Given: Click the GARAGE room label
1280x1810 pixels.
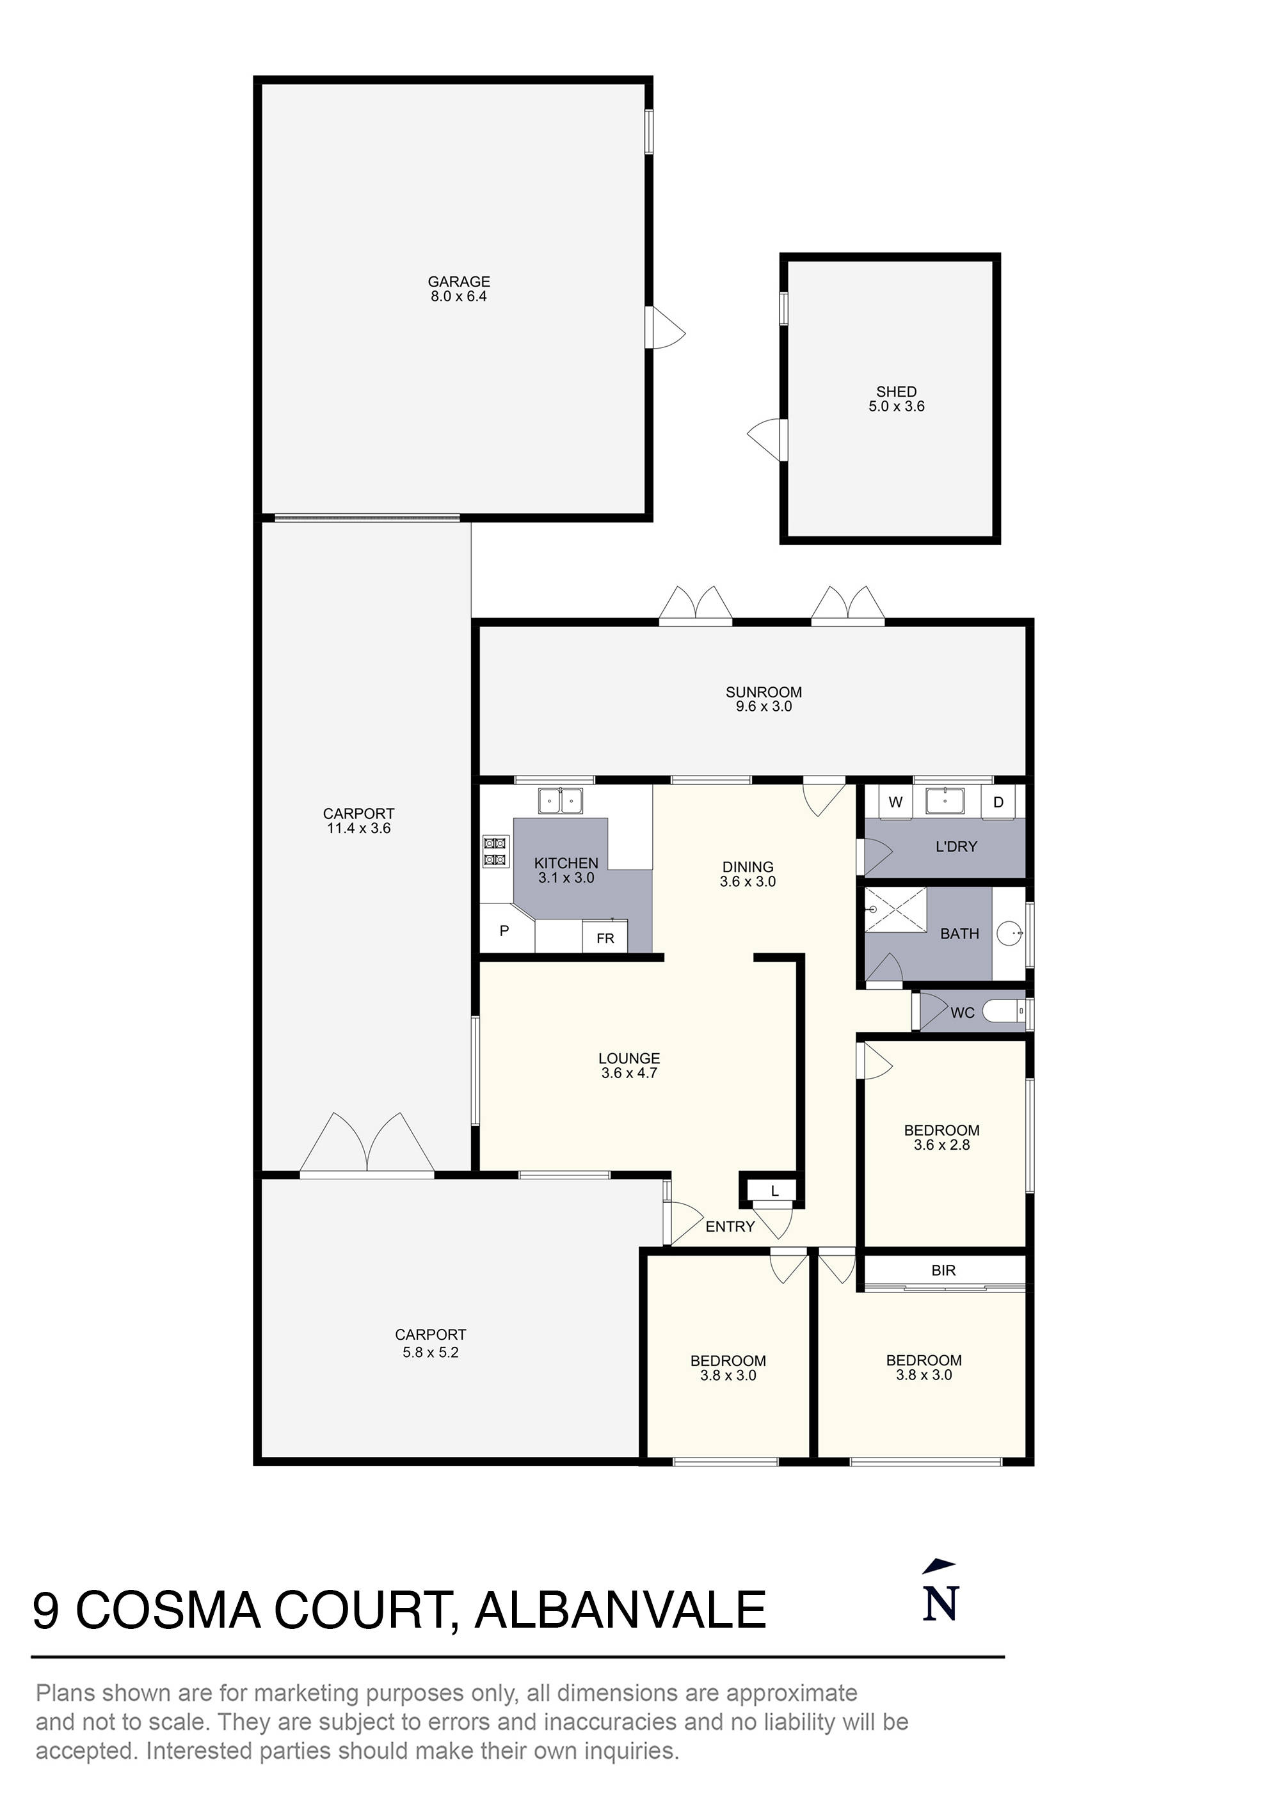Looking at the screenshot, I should [x=458, y=282].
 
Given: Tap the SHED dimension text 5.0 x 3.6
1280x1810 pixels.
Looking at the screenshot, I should [x=896, y=407].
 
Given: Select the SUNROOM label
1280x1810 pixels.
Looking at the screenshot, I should [x=764, y=692].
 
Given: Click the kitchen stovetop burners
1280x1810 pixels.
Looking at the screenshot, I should [x=495, y=852].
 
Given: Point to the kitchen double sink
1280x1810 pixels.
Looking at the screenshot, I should [x=560, y=801].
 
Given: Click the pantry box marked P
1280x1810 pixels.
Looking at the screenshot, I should [x=505, y=931].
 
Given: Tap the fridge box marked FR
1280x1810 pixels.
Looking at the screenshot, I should [x=605, y=938].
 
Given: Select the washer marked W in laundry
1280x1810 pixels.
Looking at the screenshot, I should [x=895, y=802].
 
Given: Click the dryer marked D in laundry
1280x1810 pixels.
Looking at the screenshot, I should [x=998, y=802].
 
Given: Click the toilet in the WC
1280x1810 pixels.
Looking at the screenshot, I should [x=1003, y=1012].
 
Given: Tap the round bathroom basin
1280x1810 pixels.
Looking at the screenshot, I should [x=1009, y=933].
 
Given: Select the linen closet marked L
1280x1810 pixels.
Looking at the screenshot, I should [x=774, y=1191].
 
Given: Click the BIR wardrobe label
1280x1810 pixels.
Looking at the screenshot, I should [x=943, y=1270].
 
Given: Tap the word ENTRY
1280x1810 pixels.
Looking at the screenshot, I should [x=730, y=1227].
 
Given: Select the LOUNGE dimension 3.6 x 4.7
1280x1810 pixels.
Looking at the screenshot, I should [x=628, y=1073].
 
